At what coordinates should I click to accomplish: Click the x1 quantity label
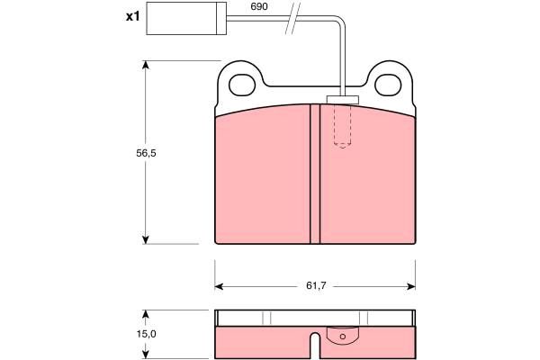click(133, 16)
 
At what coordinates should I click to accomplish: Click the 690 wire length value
click(259, 6)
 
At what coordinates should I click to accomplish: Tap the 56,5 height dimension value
click(146, 153)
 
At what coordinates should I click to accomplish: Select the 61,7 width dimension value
click(316, 285)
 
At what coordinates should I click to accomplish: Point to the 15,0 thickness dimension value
click(146, 334)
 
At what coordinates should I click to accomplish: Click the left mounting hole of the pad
click(242, 85)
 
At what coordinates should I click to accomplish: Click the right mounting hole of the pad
click(388, 85)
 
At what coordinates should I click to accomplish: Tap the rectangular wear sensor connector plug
click(186, 18)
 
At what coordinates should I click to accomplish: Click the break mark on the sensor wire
click(292, 18)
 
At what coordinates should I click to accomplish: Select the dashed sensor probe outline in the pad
click(342, 126)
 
